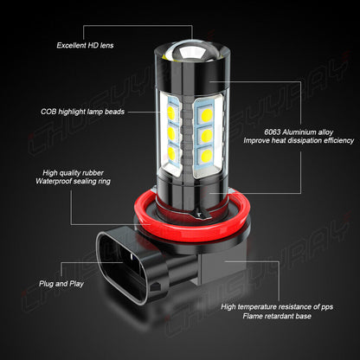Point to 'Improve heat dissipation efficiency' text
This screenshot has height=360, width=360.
tap(299, 139)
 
